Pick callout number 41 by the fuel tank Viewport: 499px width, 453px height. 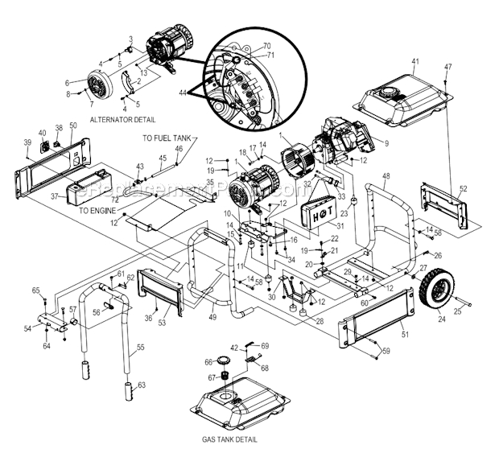tap(415, 62)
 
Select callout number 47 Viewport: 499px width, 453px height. tap(448, 66)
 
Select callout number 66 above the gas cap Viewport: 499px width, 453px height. tap(208, 361)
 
